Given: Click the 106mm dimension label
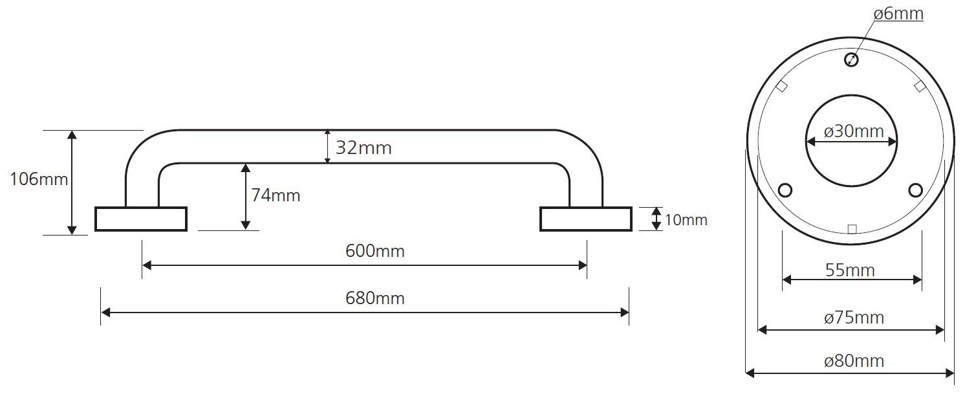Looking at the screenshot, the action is (39, 179).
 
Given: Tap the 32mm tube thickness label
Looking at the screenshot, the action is (363, 148).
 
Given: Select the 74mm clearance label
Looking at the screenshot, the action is (276, 195).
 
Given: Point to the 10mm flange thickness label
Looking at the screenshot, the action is (686, 220).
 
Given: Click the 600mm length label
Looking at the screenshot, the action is (375, 251).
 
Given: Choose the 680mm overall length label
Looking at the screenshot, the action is (375, 298).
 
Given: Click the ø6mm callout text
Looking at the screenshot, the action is (898, 14).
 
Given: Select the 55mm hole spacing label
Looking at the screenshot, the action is (851, 270).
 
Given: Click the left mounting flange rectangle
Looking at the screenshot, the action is (141, 219).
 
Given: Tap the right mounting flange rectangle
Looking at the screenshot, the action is (586, 219).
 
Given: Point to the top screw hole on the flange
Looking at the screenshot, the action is (851, 60).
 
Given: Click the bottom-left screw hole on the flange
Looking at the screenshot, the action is (786, 190).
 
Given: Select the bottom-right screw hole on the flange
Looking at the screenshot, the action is (915, 190).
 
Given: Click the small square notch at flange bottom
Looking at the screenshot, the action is (852, 228).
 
